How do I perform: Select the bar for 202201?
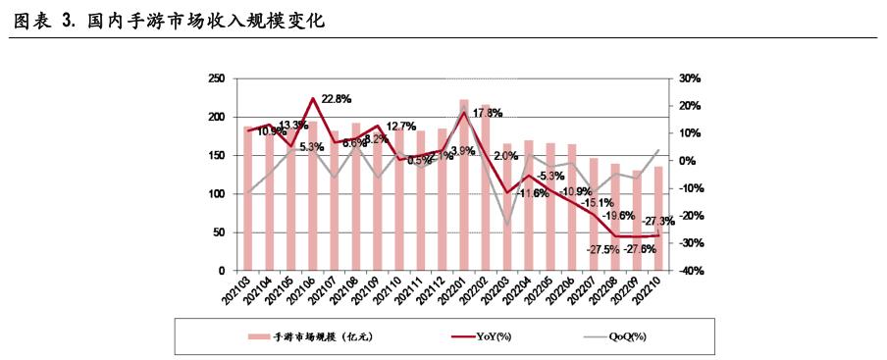(464, 186)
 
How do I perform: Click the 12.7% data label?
(399, 127)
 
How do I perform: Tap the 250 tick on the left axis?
(217, 78)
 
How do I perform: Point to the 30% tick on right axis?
(688, 78)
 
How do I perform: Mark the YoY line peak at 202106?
(313, 98)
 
